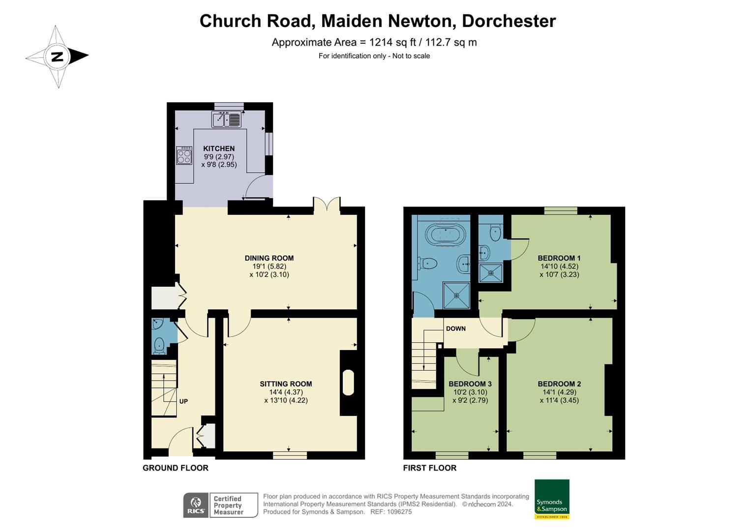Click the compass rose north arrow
(x=58, y=56)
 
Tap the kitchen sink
(x=226, y=119)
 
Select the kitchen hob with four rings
(x=184, y=155)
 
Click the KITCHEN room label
(x=219, y=148)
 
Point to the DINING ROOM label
(x=269, y=258)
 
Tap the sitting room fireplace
(x=348, y=383)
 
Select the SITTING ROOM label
(x=286, y=384)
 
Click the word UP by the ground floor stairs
(x=183, y=401)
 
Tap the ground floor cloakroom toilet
(x=159, y=345)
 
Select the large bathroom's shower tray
(x=456, y=295)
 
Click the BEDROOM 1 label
(x=559, y=258)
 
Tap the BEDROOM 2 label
(x=559, y=384)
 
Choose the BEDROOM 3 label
(x=470, y=384)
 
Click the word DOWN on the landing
(x=455, y=328)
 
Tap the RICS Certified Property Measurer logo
(x=220, y=505)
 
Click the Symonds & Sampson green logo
(x=552, y=499)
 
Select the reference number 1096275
(x=397, y=512)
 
